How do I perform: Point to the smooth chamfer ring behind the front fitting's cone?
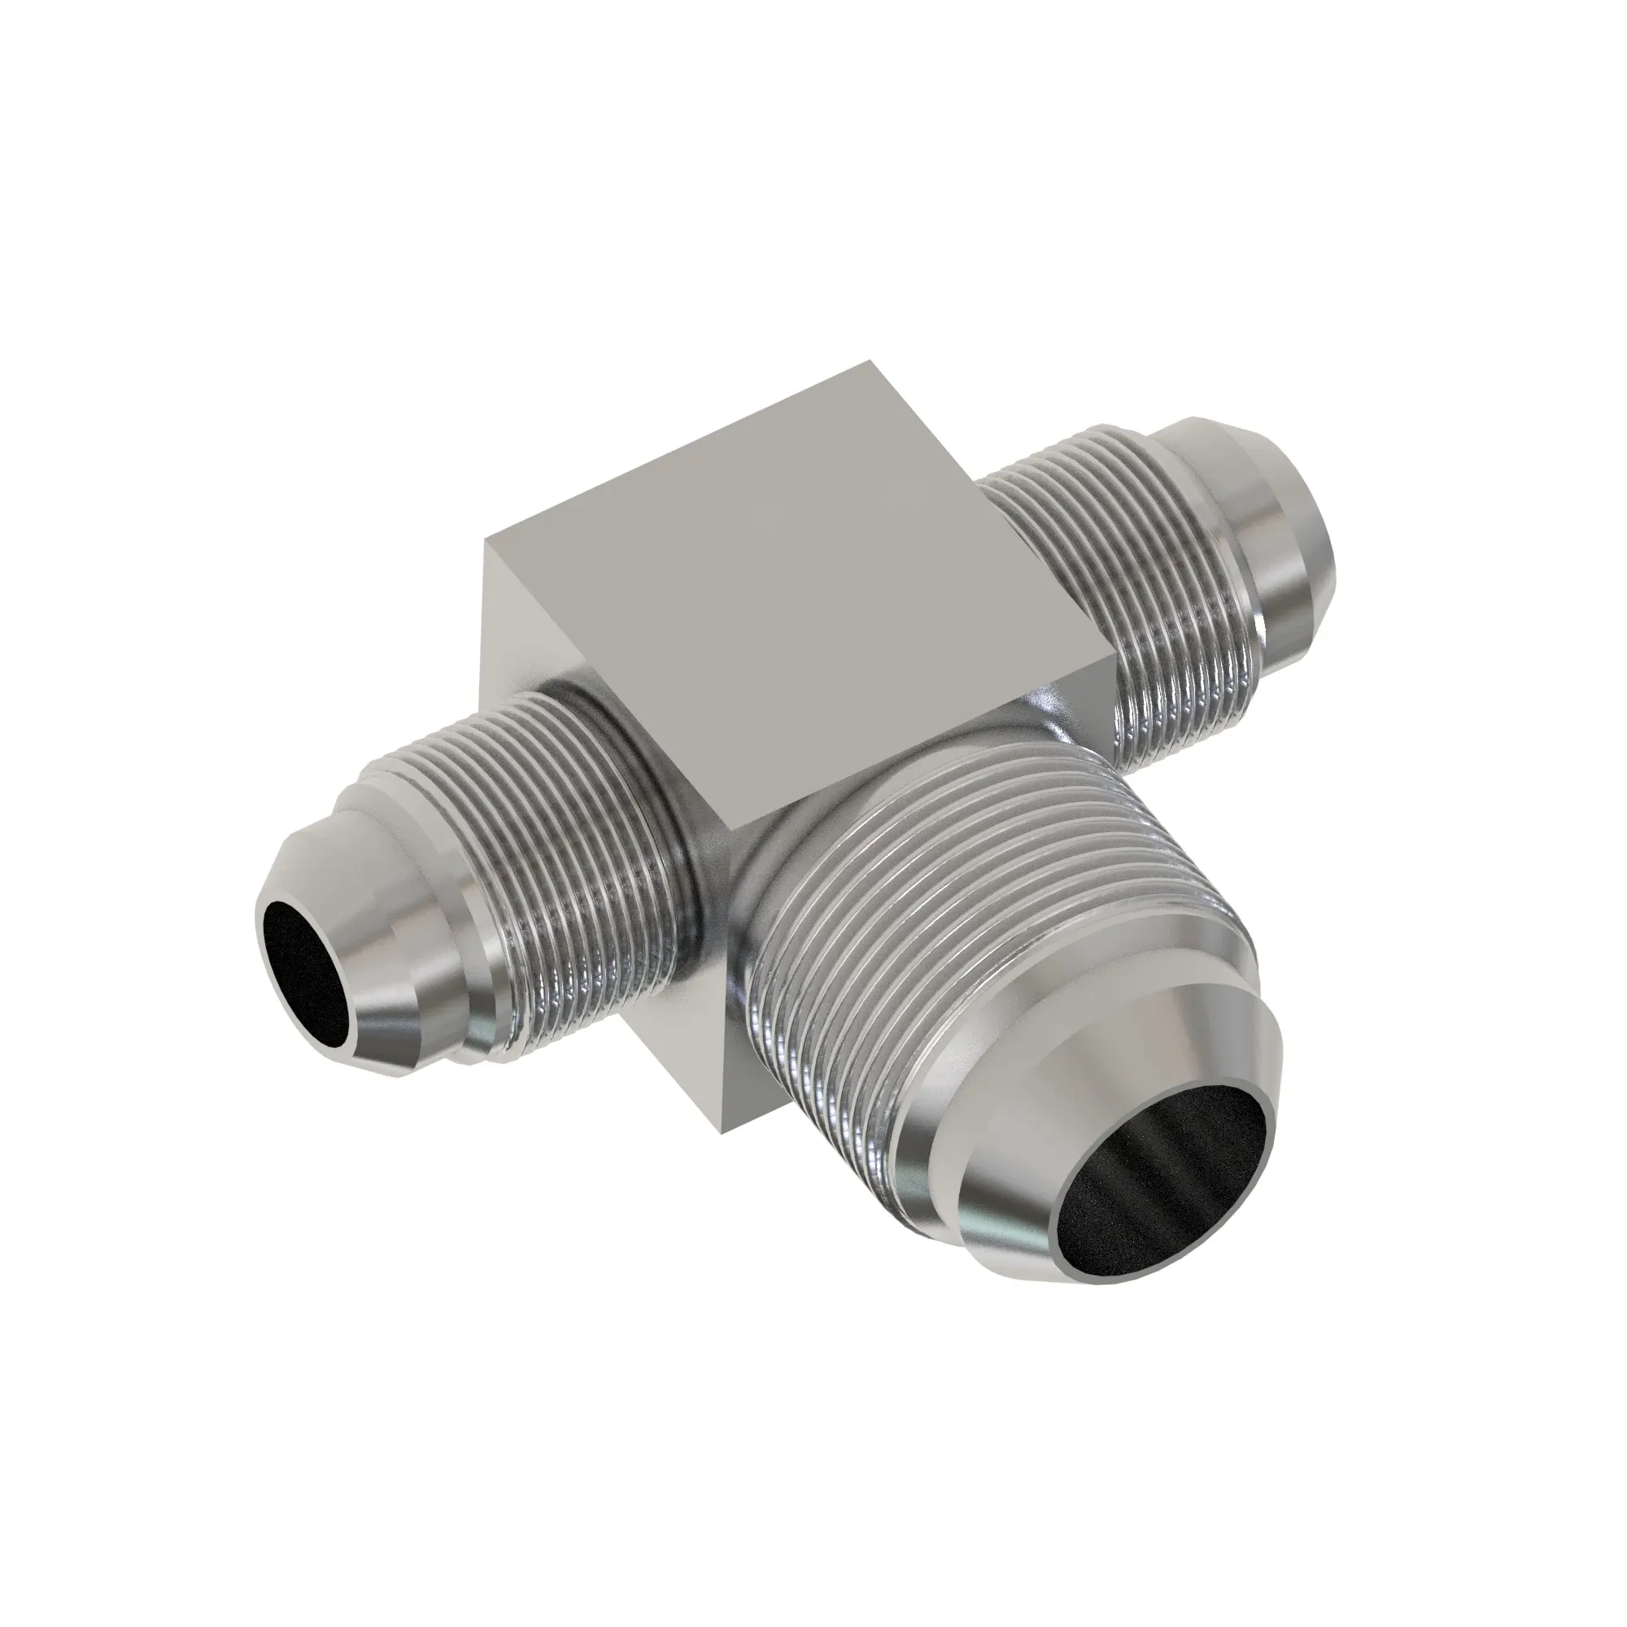click(x=935, y=1120)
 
